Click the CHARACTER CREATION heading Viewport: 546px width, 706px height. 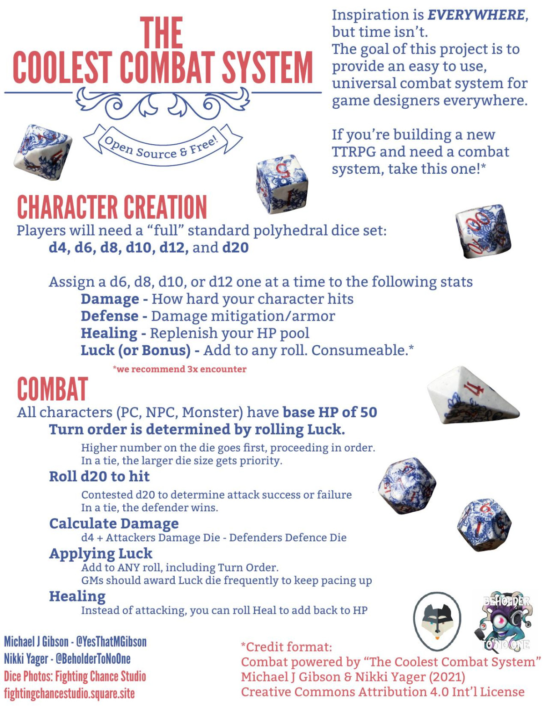[x=112, y=207]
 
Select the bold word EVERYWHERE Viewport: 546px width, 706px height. [x=476, y=15]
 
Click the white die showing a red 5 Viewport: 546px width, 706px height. [x=282, y=184]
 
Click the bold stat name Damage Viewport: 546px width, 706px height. [x=110, y=299]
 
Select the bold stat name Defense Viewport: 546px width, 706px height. [x=109, y=316]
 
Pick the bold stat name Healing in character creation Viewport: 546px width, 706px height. [x=109, y=333]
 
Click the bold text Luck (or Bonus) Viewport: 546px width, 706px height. [x=136, y=351]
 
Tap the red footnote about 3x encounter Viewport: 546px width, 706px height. [x=179, y=369]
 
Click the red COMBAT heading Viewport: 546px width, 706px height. [x=52, y=390]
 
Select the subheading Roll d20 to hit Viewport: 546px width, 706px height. [x=99, y=476]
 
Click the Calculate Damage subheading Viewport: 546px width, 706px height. [x=114, y=524]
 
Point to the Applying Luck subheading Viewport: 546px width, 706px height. [x=101, y=554]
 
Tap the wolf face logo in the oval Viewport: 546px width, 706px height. [x=437, y=621]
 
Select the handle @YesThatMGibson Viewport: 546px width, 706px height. [x=111, y=642]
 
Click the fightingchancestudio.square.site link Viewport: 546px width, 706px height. [x=69, y=694]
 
